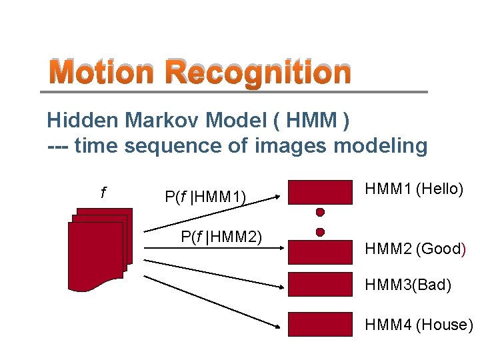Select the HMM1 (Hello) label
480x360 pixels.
(x=413, y=189)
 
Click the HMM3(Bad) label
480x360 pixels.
(x=407, y=285)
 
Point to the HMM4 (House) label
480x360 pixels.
(x=419, y=325)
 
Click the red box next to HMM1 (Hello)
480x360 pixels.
(x=320, y=191)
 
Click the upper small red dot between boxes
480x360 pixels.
(x=320, y=213)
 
